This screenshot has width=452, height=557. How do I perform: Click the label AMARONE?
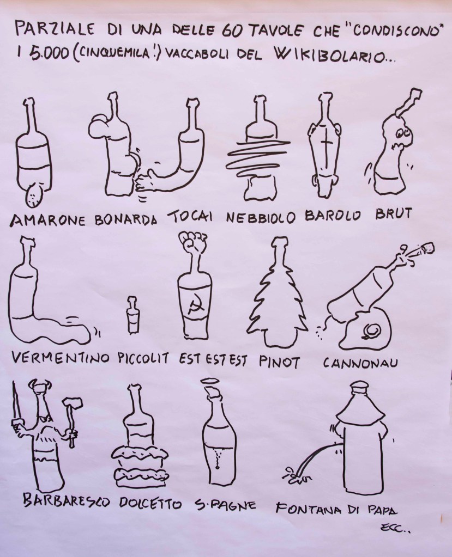[48, 221]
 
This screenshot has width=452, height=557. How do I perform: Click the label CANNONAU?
[360, 363]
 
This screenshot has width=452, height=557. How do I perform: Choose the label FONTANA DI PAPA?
[336, 510]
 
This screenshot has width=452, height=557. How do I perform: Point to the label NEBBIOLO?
[261, 217]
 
